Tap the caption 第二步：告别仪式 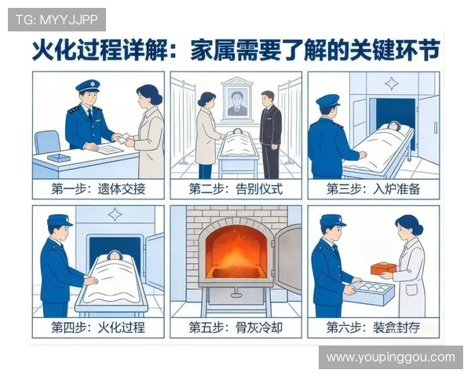tap(235, 189)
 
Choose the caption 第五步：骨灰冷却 tap(235, 327)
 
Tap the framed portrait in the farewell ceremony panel tap(236, 100)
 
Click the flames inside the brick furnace tap(235, 252)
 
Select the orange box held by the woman tap(383, 268)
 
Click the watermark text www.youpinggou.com tap(390, 357)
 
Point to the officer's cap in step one tap(87, 84)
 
